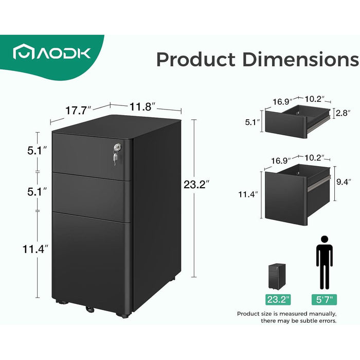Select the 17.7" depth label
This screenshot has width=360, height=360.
[x=79, y=109]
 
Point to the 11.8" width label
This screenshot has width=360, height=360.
[x=142, y=107]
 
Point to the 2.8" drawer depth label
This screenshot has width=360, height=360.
[x=343, y=113]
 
